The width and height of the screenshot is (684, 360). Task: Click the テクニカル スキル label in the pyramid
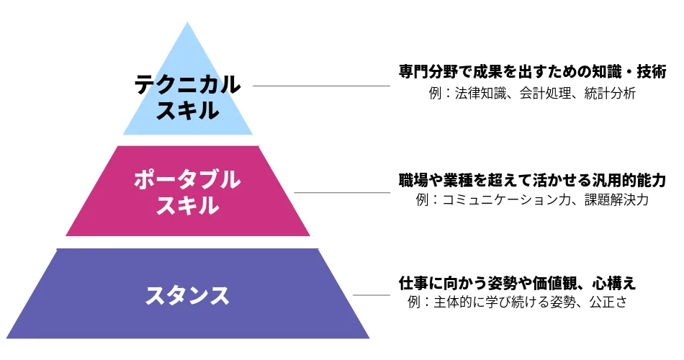(x=187, y=97)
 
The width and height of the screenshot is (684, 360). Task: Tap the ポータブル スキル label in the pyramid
(x=187, y=192)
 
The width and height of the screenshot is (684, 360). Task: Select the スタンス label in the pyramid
(x=187, y=295)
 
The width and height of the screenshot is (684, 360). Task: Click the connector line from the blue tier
(x=322, y=86)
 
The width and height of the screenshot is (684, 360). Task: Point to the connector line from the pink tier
(x=342, y=192)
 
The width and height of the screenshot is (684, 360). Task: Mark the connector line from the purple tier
(x=372, y=295)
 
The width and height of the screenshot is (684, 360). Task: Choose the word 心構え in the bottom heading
(x=614, y=283)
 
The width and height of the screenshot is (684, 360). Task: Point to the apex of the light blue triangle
(x=188, y=22)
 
